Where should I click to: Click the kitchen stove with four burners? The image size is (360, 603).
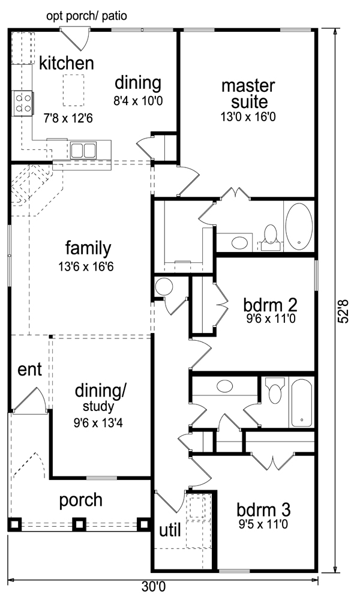click(x=23, y=103)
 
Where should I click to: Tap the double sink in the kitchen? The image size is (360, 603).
click(x=83, y=150)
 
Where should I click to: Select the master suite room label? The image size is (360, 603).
click(x=248, y=94)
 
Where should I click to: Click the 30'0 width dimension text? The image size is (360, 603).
click(x=153, y=587)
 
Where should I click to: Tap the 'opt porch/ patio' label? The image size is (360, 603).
click(x=86, y=16)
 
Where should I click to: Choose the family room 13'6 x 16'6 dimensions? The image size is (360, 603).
click(x=86, y=266)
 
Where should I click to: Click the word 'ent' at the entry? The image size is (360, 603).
click(x=29, y=370)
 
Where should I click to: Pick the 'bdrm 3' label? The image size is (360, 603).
click(x=263, y=510)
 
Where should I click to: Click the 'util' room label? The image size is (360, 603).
click(x=170, y=531)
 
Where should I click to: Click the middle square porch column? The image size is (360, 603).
click(x=79, y=524)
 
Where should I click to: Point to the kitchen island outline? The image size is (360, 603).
click(x=73, y=91)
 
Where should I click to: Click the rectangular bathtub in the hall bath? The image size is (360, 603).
click(x=302, y=402)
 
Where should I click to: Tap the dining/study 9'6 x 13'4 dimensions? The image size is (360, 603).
click(x=98, y=424)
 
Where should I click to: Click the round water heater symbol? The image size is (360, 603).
click(x=164, y=287)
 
